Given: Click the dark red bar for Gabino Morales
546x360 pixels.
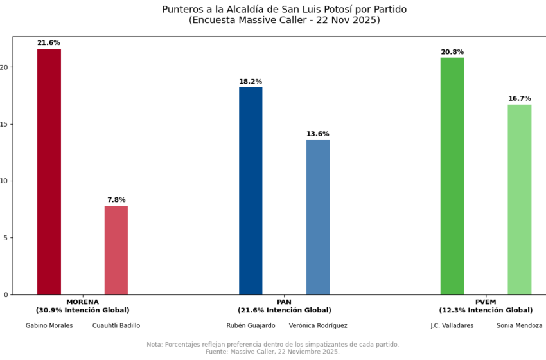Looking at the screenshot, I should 49,172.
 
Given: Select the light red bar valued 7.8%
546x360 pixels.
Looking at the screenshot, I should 116,250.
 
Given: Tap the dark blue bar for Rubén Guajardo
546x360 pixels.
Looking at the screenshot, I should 251,191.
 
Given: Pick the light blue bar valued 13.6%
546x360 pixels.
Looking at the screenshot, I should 318,217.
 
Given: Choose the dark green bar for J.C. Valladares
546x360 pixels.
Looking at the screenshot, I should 452,176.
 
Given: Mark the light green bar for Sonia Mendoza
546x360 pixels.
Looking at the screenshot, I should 519,199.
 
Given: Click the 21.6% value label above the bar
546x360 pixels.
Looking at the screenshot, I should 49,43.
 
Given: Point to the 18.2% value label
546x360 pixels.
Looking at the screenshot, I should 251,82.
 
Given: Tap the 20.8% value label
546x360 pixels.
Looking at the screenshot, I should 452,52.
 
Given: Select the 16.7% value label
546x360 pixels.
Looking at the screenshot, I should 519,98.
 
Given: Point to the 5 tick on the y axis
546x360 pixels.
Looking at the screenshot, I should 6,238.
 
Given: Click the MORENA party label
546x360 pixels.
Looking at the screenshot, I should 82,301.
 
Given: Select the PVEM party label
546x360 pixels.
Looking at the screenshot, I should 486,301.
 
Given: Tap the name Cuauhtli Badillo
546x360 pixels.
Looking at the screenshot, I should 116,325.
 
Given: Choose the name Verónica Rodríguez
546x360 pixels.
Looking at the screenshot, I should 318,325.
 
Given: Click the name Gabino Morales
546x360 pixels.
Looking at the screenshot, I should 49,325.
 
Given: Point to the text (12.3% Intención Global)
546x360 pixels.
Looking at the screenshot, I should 486,310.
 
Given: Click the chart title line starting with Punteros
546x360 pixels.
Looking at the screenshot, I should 284,10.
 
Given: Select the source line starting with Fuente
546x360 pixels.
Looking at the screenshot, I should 272,352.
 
